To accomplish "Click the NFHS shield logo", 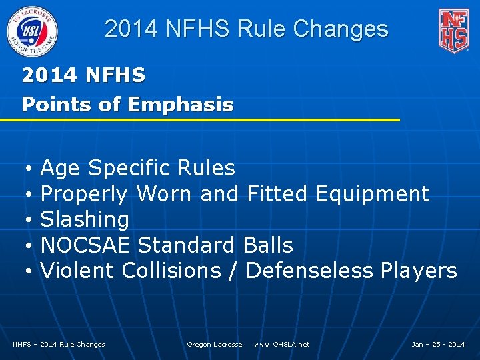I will click(x=453, y=30).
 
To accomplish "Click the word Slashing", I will click(x=85, y=219).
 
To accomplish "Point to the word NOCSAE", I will click(x=85, y=245).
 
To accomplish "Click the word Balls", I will click(x=268, y=245).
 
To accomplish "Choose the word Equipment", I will click(x=372, y=194).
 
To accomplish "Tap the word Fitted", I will click(x=277, y=194).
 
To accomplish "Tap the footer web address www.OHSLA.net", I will click(x=281, y=344).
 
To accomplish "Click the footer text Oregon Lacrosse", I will click(x=214, y=344).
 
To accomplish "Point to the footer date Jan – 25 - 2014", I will click(x=438, y=344).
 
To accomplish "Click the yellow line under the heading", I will click(x=200, y=120).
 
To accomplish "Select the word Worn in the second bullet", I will click(x=164, y=194).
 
